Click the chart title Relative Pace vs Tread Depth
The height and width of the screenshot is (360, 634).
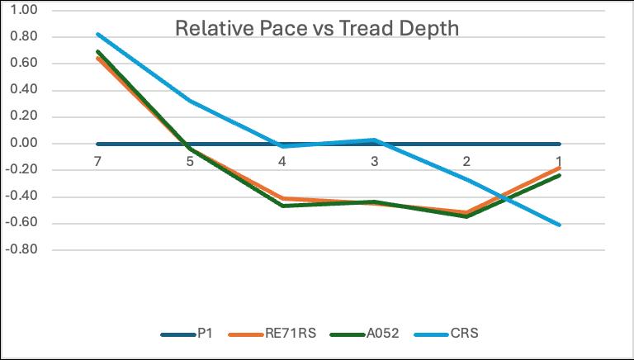[x=317, y=30]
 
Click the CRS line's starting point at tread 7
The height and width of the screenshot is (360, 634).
[x=97, y=34]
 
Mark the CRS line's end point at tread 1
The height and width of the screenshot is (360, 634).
[x=559, y=225]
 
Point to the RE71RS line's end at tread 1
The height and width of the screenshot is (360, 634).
[x=559, y=168]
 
